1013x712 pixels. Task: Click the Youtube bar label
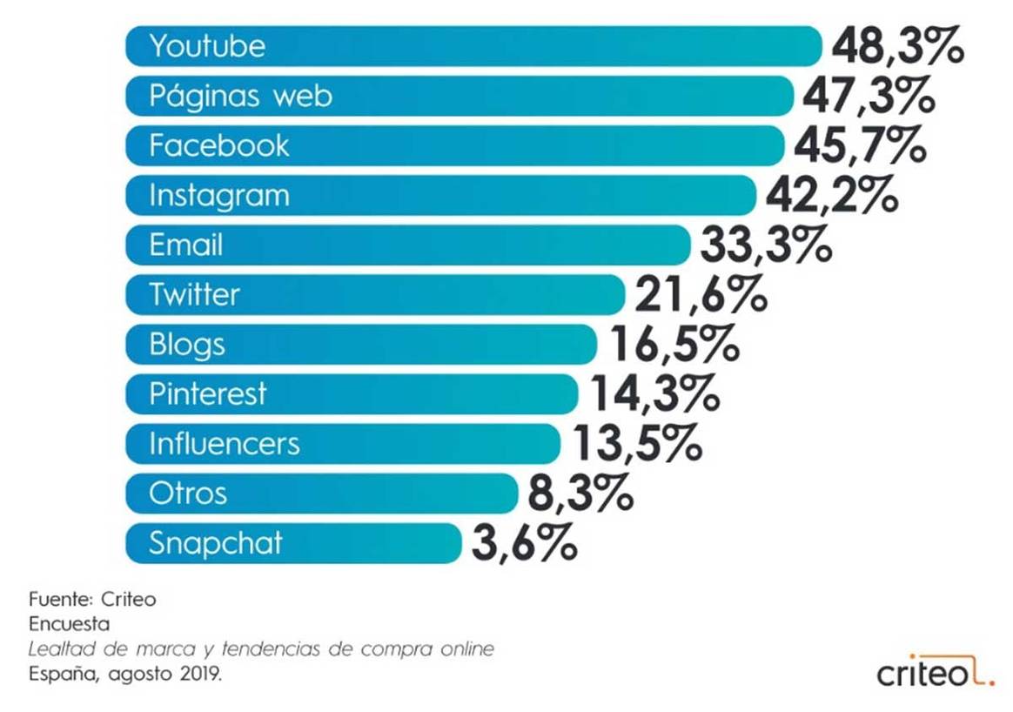point(207,45)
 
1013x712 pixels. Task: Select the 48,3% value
point(897,46)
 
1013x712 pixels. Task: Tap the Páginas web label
point(240,95)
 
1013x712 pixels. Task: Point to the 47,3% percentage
point(869,96)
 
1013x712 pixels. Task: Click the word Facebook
point(218,145)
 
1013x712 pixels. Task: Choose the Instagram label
point(218,195)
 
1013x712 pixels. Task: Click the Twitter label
point(194,294)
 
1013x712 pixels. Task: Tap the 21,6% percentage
point(701,295)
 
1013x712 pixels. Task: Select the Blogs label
point(187,344)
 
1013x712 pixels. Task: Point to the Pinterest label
point(207,393)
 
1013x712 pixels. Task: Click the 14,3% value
point(654,394)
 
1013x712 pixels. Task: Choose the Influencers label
point(224,444)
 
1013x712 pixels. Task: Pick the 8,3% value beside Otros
point(580,494)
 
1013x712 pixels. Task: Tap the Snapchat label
point(215,543)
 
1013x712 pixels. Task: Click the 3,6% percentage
point(524,544)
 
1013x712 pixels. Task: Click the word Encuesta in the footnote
point(69,623)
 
